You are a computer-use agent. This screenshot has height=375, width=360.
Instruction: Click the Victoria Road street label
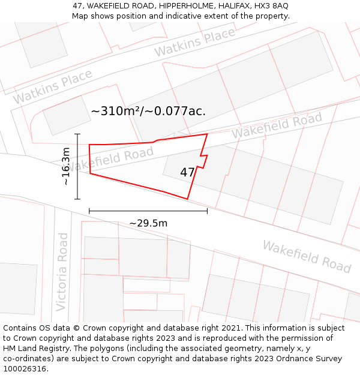(62, 271)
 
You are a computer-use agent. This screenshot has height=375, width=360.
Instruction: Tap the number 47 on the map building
(187, 172)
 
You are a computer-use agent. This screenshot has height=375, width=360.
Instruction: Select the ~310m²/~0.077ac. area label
(148, 111)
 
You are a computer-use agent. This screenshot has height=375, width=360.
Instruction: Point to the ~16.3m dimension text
(66, 166)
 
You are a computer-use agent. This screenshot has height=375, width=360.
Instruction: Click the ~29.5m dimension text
(148, 223)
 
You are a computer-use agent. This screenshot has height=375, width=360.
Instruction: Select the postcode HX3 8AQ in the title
(271, 6)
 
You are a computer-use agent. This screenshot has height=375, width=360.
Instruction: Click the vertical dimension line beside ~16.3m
(77, 166)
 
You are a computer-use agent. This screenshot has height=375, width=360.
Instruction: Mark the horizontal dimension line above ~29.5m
(148, 211)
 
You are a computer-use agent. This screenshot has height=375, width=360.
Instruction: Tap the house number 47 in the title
(78, 6)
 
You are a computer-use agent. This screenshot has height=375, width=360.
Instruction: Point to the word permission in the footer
(305, 338)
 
